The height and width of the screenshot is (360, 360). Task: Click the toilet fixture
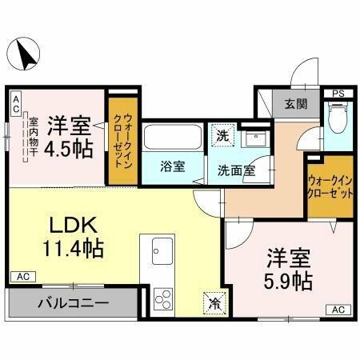pos(337,121)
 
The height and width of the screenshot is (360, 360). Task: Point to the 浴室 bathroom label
pos(172,167)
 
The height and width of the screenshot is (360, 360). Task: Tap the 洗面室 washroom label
pos(237,169)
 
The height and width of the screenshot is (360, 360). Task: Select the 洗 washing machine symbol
pos(222,135)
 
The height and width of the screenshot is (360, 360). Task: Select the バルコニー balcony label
pos(70,304)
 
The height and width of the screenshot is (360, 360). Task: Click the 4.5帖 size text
pos(67,149)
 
